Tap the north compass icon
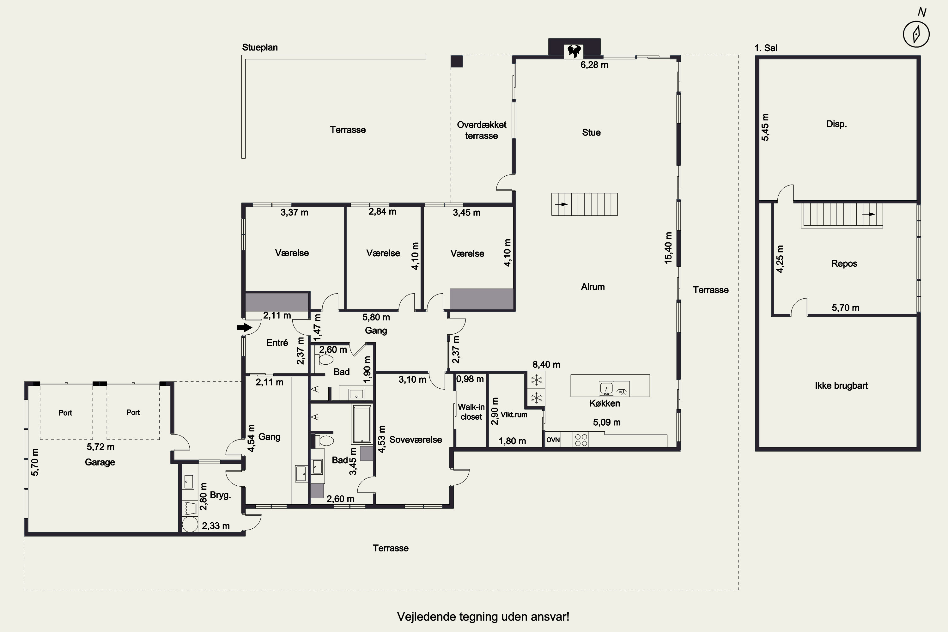tap(916, 34)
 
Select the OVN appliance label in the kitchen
tap(553, 440)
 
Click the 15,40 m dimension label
tap(668, 248)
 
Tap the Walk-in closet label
tap(471, 412)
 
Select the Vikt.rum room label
tap(514, 414)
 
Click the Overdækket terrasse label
tap(482, 130)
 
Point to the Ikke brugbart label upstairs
tap(841, 386)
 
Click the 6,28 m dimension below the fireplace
tap(594, 65)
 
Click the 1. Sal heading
tap(766, 48)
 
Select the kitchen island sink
tap(606, 389)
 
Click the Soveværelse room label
tap(416, 440)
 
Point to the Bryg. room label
tap(221, 495)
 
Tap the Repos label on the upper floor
tap(844, 264)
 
